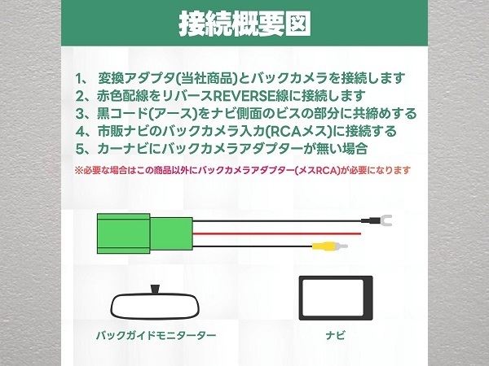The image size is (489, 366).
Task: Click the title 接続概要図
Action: coord(245,24)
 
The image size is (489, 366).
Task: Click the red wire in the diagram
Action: coord(276,233)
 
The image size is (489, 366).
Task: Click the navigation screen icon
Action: coord(336,298)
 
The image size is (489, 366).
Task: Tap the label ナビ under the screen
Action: coord(336,335)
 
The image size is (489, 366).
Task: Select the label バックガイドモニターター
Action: coord(156,335)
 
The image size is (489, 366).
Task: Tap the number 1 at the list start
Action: coord(78,78)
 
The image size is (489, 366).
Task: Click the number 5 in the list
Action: coord(80,149)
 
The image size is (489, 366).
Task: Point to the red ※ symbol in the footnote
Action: coord(78,171)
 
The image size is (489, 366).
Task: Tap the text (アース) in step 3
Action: coord(174,114)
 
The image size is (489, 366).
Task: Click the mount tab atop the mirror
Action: coord(156,289)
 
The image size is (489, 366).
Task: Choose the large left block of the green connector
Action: coord(124,233)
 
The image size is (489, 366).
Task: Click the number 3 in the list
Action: coord(80,114)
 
